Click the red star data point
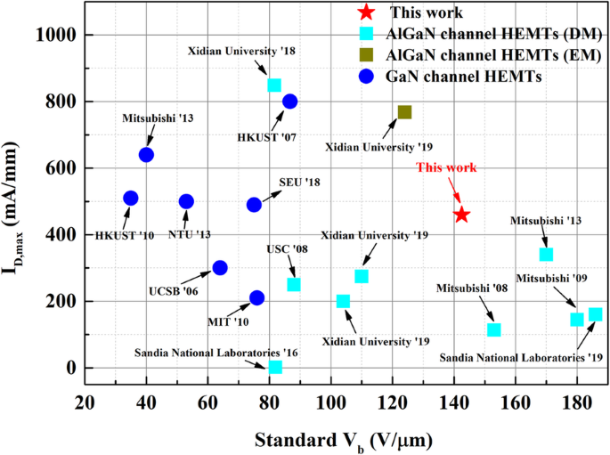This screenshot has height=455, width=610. click(x=461, y=215)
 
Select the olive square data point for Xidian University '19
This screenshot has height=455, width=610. click(x=404, y=112)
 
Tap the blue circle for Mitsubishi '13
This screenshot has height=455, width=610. click(x=146, y=155)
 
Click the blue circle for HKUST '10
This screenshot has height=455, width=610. click(x=131, y=199)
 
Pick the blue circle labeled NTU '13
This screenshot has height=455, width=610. click(x=186, y=202)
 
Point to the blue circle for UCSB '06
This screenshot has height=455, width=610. click(x=220, y=268)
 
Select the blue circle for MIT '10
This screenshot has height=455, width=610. click(x=256, y=297)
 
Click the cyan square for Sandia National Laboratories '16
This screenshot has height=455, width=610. click(x=275, y=367)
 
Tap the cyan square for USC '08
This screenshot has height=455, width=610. click(x=294, y=285)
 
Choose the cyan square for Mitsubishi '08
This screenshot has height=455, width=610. click(x=494, y=330)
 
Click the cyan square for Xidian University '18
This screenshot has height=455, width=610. click(x=274, y=85)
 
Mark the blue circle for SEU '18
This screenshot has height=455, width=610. click(x=254, y=205)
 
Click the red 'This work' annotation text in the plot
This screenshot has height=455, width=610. click(x=447, y=167)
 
